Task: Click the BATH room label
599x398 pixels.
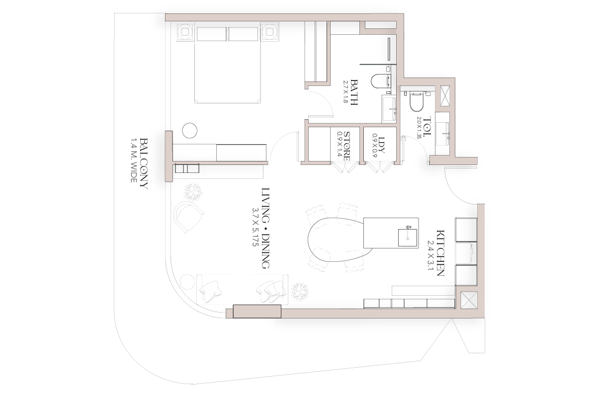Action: click(x=354, y=92)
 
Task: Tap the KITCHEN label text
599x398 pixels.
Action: click(x=440, y=253)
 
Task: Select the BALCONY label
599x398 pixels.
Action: click(x=144, y=163)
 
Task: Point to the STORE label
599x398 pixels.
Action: click(x=347, y=146)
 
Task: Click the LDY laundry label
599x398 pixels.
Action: click(x=382, y=145)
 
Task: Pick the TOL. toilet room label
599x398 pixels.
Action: click(x=428, y=126)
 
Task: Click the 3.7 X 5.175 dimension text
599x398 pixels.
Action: click(x=256, y=227)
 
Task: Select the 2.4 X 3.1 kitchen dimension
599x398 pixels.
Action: click(x=430, y=255)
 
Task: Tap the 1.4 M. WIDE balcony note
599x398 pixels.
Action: click(x=134, y=160)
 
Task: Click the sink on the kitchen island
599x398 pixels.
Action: click(x=408, y=238)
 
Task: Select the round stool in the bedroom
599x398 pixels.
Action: click(x=189, y=131)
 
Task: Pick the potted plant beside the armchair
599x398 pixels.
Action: click(x=193, y=192)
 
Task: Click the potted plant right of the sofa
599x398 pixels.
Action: click(x=300, y=291)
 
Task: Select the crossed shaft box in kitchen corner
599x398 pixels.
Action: click(x=469, y=300)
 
